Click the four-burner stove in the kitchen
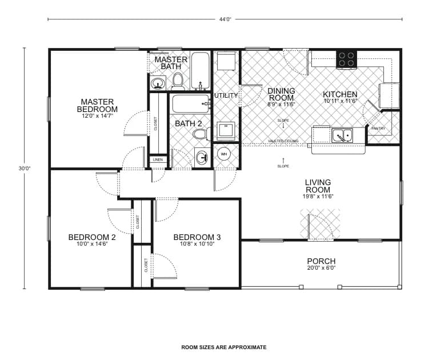[x=346, y=59]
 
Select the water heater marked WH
[x=224, y=154]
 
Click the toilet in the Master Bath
[x=178, y=81]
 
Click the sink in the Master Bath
[x=158, y=85]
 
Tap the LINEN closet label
[x=158, y=160]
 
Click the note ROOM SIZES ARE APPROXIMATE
[x=224, y=347]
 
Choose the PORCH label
[x=322, y=261]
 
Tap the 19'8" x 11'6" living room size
[x=318, y=197]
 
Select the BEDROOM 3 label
[x=197, y=237]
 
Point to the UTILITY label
[x=226, y=95]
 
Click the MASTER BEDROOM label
[x=98, y=105]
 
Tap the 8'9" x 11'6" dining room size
[x=281, y=105]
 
